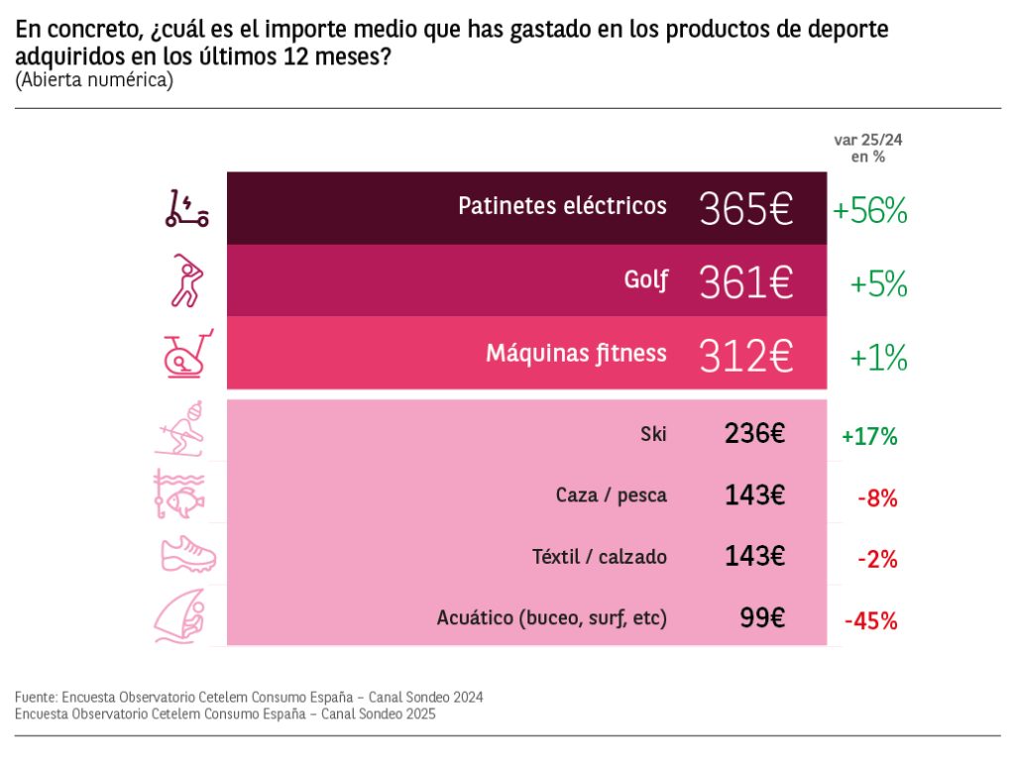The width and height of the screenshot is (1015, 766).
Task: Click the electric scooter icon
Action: pyautogui.click(x=186, y=209)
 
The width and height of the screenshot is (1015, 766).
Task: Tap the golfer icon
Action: pyautogui.click(x=185, y=281)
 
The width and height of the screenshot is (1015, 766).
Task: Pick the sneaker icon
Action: pyautogui.click(x=187, y=555)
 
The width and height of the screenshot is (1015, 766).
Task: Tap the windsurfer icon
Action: pyautogui.click(x=180, y=617)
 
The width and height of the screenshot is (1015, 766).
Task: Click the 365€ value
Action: pyautogui.click(x=746, y=209)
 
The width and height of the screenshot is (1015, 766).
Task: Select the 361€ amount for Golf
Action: pyautogui.click(x=746, y=282)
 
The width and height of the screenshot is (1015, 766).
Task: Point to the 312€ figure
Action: pyautogui.click(x=746, y=355)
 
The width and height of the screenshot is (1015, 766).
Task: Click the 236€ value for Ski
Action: pyautogui.click(x=754, y=433)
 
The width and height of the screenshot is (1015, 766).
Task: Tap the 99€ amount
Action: pyautogui.click(x=762, y=617)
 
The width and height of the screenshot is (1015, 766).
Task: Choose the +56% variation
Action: pyautogui.click(x=869, y=210)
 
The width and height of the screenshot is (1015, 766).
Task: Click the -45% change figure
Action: pyautogui.click(x=870, y=621)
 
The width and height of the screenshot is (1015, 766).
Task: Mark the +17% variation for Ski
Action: pyautogui.click(x=868, y=436)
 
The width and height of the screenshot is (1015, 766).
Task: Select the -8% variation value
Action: pyautogui.click(x=877, y=498)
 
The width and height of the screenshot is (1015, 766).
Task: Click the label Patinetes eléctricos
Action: pyautogui.click(x=562, y=206)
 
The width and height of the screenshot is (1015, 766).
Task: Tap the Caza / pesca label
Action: pyautogui.click(x=611, y=495)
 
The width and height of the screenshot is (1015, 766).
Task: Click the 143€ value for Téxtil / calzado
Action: pyautogui.click(x=754, y=557)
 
